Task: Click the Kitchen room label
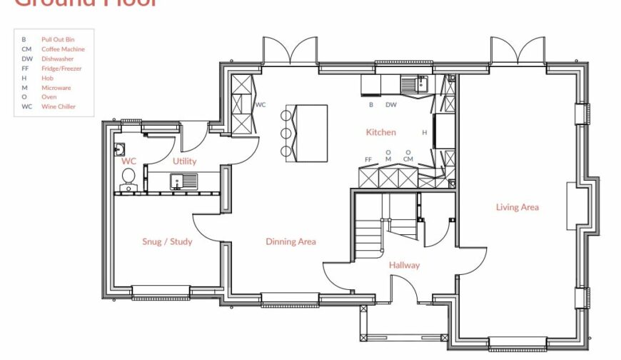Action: pyautogui.click(x=380, y=132)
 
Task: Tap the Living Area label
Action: pyautogui.click(x=517, y=207)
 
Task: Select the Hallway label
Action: pyautogui.click(x=404, y=265)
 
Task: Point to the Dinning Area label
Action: pyautogui.click(x=291, y=241)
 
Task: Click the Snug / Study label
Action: pyautogui.click(x=167, y=241)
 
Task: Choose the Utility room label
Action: pyautogui.click(x=184, y=161)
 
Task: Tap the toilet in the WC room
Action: pyautogui.click(x=129, y=187)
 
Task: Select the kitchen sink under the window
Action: pyautogui.click(x=413, y=85)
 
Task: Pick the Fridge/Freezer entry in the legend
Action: pyautogui.click(x=51, y=69)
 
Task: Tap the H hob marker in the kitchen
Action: pyautogui.click(x=424, y=132)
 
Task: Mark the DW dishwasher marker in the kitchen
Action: pyautogui.click(x=391, y=104)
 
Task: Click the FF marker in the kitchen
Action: pyautogui.click(x=368, y=159)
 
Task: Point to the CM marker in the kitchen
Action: pyautogui.click(x=408, y=159)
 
